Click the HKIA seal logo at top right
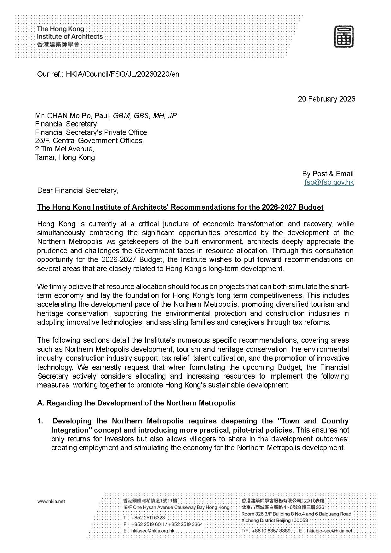coord(344,37)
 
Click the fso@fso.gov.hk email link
coord(329,182)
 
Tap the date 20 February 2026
coord(326,99)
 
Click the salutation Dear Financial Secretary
coord(78,190)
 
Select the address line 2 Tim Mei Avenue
coord(64,149)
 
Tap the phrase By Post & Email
coord(328,174)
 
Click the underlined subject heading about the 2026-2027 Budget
coord(180,207)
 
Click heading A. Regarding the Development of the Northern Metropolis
coord(136,403)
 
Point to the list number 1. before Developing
coord(40,421)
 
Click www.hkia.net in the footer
coord(51,501)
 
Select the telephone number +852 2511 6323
coord(148,517)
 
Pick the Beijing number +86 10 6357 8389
coord(271,531)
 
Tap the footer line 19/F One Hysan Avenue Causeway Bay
coord(176,507)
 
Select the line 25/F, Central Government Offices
coord(89,141)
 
